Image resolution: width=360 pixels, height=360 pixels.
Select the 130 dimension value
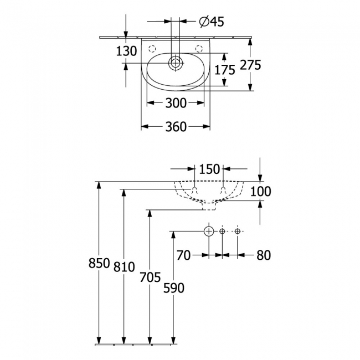point(126,51)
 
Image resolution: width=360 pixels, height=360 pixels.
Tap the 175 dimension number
point(225,69)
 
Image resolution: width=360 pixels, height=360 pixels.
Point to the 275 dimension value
point(250,65)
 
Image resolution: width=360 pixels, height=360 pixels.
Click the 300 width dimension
point(176,102)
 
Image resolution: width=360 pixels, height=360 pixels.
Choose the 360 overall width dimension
point(176,127)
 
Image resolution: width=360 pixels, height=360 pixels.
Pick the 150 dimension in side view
point(209,169)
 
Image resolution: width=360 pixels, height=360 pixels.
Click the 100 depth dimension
point(260,192)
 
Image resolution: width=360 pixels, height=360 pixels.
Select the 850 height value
point(99,264)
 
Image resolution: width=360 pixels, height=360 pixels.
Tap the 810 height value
point(124,267)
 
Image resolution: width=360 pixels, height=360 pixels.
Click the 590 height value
point(174,287)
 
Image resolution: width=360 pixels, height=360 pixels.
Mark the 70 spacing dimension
point(184,255)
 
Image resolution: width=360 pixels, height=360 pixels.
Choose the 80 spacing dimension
point(264,255)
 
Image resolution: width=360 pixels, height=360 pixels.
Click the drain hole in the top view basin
point(176,63)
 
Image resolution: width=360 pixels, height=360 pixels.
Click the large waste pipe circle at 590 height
point(209,230)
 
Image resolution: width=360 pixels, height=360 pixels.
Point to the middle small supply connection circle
point(222,230)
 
